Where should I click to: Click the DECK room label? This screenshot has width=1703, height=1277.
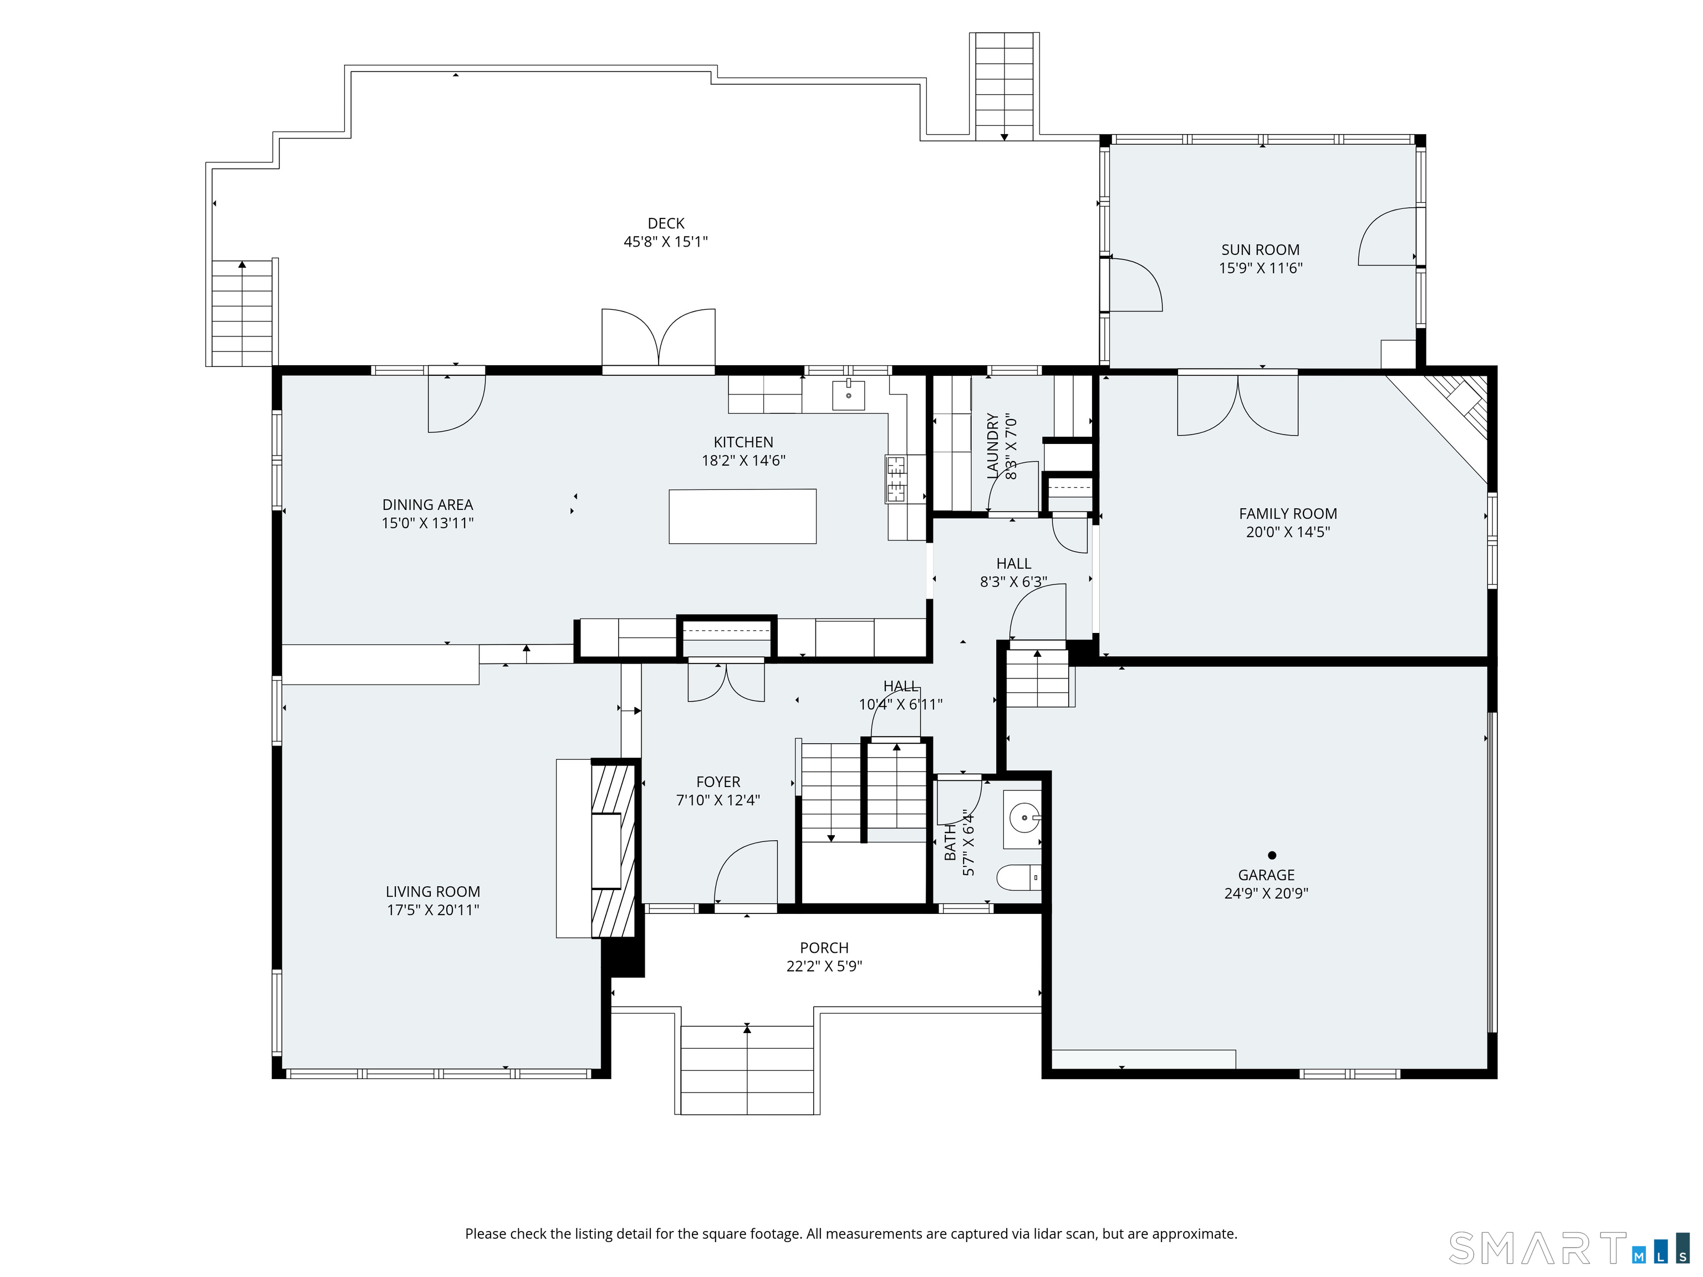[666, 223]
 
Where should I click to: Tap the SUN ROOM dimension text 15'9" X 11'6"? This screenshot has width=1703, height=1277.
[1260, 268]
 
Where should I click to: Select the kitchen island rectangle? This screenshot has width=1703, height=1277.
[742, 517]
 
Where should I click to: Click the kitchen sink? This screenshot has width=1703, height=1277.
[848, 395]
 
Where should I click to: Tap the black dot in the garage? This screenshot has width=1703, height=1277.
[1272, 855]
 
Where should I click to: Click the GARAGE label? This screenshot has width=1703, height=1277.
[1267, 875]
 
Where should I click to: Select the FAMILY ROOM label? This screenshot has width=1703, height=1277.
[1288, 513]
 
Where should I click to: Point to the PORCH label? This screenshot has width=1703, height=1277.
[824, 948]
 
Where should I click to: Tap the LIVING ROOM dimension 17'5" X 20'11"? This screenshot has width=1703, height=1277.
[432, 910]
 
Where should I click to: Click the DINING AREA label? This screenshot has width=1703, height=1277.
[427, 505]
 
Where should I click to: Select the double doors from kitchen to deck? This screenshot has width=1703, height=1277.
[658, 339]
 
